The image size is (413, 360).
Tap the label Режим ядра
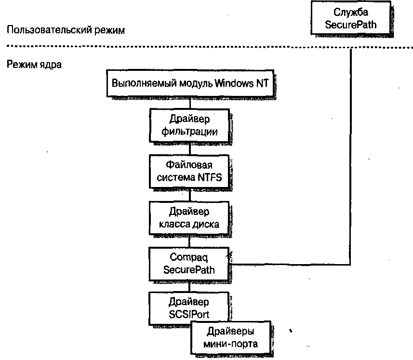(34, 64)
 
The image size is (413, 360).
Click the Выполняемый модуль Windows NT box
(190, 82)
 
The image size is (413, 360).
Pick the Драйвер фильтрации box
(189, 125)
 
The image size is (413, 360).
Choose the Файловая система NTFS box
(189, 171)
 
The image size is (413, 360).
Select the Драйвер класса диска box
(189, 218)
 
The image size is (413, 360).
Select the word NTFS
(208, 177)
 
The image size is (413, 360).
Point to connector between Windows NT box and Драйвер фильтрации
(189, 102)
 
